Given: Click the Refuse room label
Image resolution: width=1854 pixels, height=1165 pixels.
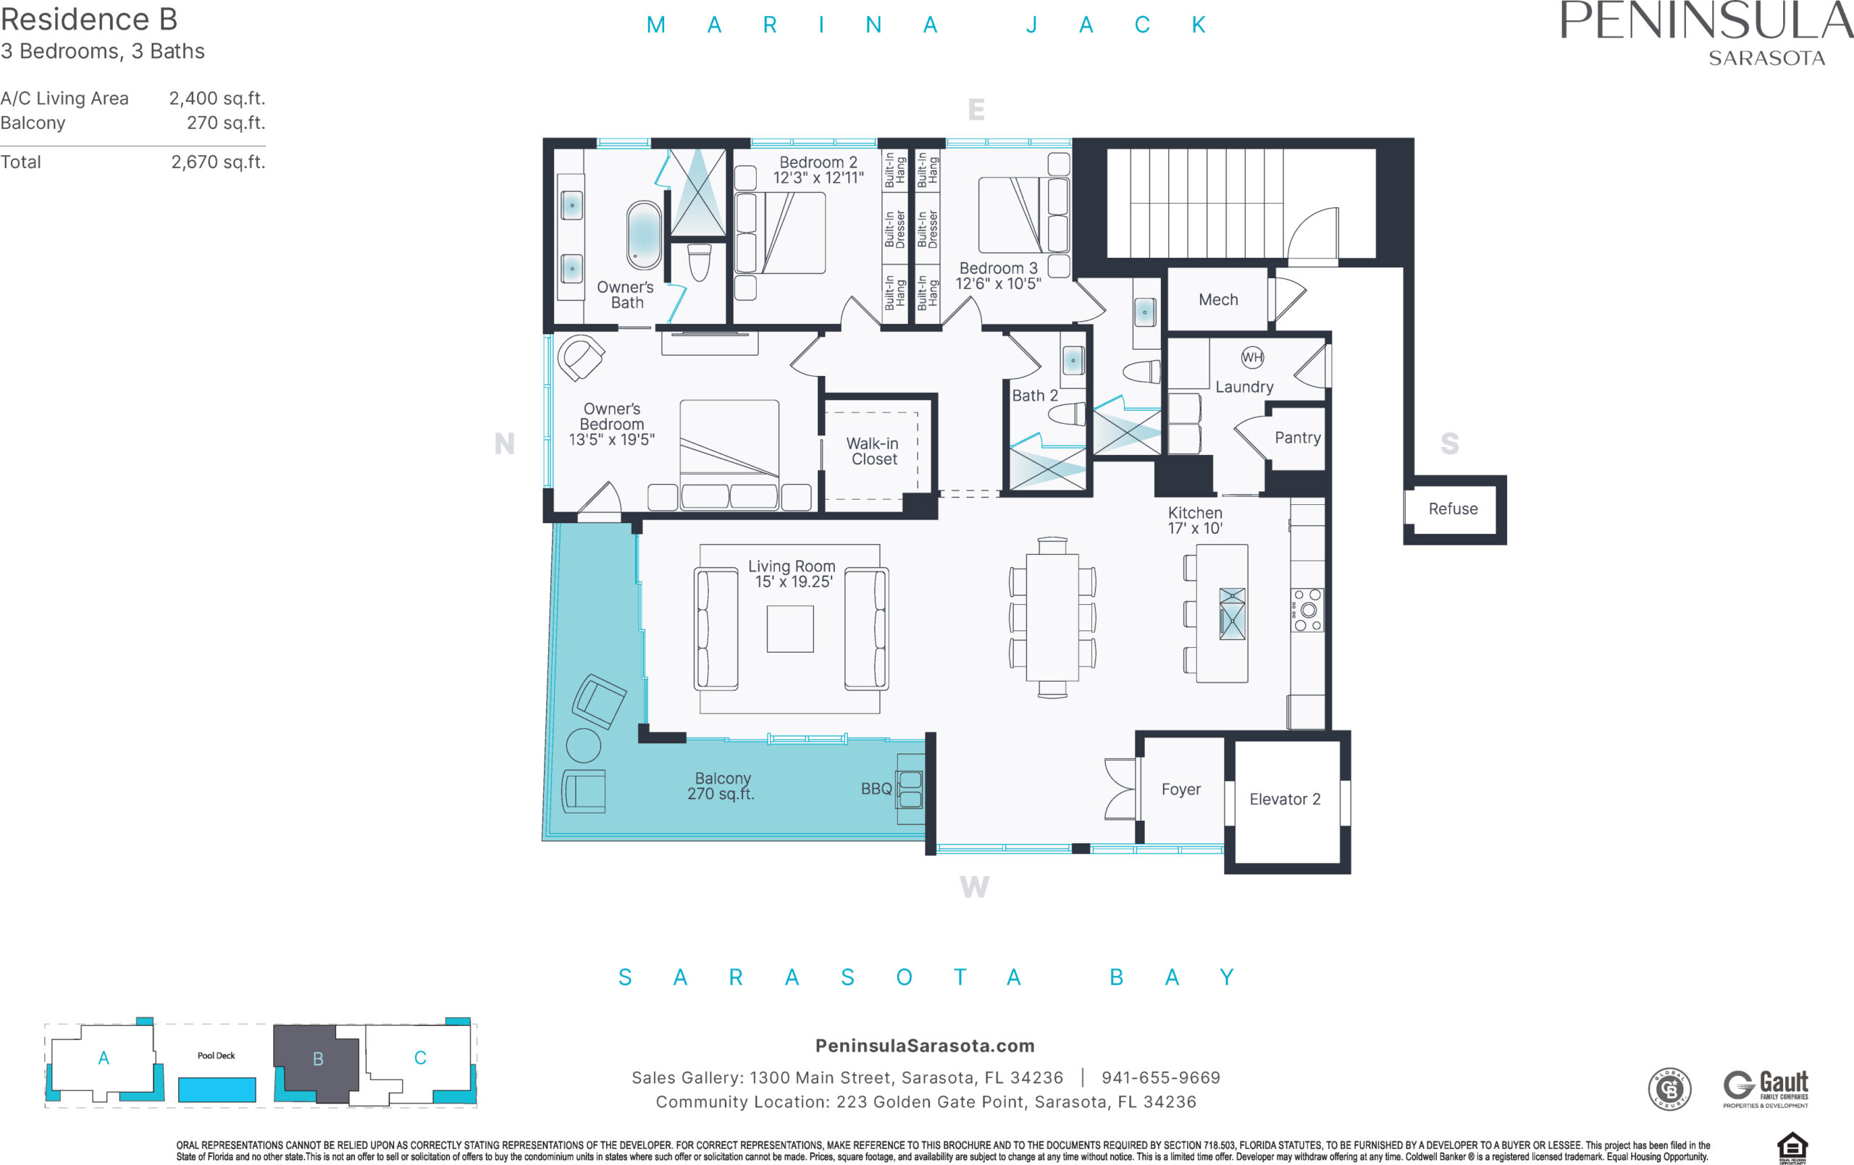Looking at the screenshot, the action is tap(1453, 509).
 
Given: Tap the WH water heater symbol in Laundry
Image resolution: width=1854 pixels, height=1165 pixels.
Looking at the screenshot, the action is tap(1252, 357).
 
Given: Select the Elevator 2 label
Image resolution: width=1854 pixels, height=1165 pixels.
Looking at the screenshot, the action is tap(1284, 799).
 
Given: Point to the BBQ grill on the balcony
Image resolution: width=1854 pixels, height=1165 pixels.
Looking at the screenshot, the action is tap(910, 788).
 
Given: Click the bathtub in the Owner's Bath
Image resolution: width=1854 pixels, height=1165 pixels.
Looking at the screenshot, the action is tap(643, 235).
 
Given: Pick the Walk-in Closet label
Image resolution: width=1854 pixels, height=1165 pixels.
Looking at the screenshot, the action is tap(873, 451).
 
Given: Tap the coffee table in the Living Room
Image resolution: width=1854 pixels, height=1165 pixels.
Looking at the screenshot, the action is tap(790, 629).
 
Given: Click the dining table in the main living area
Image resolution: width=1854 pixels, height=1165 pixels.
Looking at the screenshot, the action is tap(1052, 617).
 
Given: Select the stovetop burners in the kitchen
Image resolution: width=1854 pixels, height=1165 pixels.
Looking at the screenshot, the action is tap(1307, 610).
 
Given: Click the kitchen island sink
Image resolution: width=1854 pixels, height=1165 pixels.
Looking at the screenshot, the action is tap(1232, 614).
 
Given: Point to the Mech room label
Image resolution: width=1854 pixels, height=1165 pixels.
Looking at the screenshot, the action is tap(1218, 299).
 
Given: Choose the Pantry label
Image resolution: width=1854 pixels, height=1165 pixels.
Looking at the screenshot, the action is tap(1297, 438).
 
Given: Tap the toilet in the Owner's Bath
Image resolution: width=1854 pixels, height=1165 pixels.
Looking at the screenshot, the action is tap(699, 262).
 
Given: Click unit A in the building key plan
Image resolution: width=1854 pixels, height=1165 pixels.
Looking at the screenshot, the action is tap(104, 1058).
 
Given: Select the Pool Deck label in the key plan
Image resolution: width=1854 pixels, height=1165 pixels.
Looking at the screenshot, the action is tap(216, 1056).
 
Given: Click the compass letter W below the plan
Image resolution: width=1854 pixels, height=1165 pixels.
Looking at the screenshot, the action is tap(974, 887).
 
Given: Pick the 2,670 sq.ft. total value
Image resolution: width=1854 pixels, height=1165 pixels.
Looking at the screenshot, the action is tap(218, 162).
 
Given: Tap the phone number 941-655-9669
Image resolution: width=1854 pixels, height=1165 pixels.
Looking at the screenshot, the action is tap(1161, 1077).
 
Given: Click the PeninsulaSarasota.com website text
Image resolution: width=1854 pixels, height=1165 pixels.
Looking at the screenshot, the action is tap(925, 1045).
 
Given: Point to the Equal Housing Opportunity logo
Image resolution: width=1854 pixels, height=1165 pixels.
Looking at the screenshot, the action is tap(1792, 1148).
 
